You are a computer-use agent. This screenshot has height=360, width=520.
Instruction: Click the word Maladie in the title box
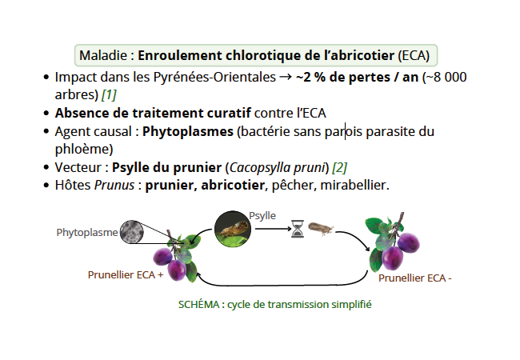pyautogui.click(x=103, y=55)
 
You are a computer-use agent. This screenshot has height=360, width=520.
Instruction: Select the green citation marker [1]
pyautogui.click(x=109, y=95)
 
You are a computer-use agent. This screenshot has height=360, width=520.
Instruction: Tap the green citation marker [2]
pyautogui.click(x=339, y=167)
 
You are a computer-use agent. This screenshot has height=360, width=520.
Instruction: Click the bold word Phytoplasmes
pyautogui.click(x=188, y=132)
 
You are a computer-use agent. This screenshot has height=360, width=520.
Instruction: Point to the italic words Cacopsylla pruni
pyautogui.click(x=278, y=168)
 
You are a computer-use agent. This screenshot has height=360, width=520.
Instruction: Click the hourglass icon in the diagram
pyautogui.click(x=298, y=229)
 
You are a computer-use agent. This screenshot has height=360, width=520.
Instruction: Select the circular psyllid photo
pyautogui.click(x=233, y=229)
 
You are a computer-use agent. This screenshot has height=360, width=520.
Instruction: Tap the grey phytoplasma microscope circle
pyautogui.click(x=132, y=232)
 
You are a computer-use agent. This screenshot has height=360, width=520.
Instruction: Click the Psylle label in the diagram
pyautogui.click(x=262, y=216)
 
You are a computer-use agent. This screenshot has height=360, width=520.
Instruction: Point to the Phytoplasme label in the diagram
pyautogui.click(x=87, y=232)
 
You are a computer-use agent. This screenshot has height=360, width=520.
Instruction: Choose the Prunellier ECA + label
pyautogui.click(x=126, y=275)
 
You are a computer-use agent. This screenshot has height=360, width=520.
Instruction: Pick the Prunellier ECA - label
pyautogui.click(x=415, y=278)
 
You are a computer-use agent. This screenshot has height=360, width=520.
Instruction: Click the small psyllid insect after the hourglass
pyautogui.click(x=321, y=228)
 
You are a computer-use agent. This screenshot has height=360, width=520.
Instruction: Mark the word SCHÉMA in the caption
pyautogui.click(x=199, y=304)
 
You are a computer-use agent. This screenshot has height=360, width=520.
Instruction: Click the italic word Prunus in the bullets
pyautogui.click(x=114, y=185)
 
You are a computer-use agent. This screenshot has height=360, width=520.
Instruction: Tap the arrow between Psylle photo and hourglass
pyautogui.click(x=274, y=229)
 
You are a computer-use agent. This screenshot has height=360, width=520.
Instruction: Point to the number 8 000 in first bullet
pyautogui.click(x=450, y=77)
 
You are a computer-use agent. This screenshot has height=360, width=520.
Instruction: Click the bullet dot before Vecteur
pyautogui.click(x=46, y=167)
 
